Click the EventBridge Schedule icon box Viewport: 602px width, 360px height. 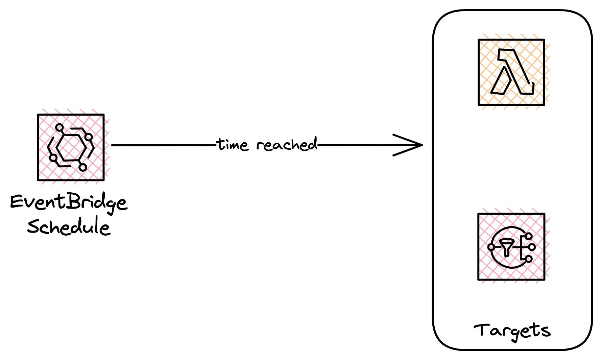click(x=71, y=147)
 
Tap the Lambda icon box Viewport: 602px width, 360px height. click(x=511, y=72)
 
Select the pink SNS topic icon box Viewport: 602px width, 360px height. click(x=511, y=247)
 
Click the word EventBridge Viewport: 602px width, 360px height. click(x=69, y=202)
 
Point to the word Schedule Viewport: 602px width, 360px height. click(x=69, y=226)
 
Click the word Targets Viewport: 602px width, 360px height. click(x=512, y=330)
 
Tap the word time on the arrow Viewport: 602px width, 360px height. click(x=233, y=145)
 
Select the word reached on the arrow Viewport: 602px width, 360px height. click(x=287, y=145)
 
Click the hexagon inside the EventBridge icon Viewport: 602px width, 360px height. click(x=71, y=147)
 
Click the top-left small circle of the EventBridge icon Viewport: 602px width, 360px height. click(x=59, y=128)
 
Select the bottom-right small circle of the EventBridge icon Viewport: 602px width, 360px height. click(x=83, y=167)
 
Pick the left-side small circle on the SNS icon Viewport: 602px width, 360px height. click(x=491, y=247)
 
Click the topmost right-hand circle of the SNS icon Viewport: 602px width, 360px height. click(x=529, y=236)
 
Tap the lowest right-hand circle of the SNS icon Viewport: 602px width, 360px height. click(x=529, y=259)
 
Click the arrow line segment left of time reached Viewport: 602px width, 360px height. click(x=162, y=145)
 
